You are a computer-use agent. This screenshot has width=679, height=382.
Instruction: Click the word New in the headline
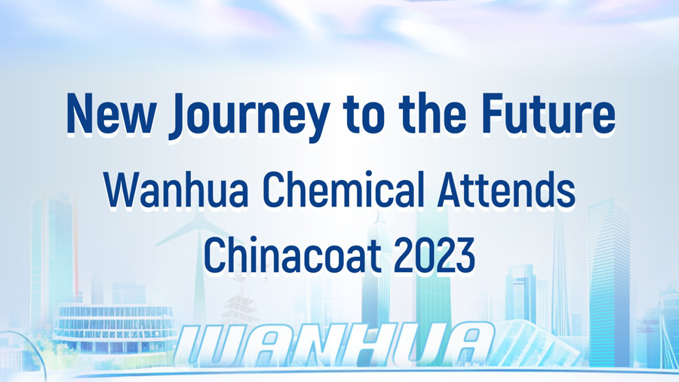(x=111, y=113)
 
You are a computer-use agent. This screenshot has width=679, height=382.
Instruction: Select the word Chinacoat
(x=292, y=255)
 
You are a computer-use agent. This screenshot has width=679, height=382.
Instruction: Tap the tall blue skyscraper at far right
(x=609, y=281)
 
